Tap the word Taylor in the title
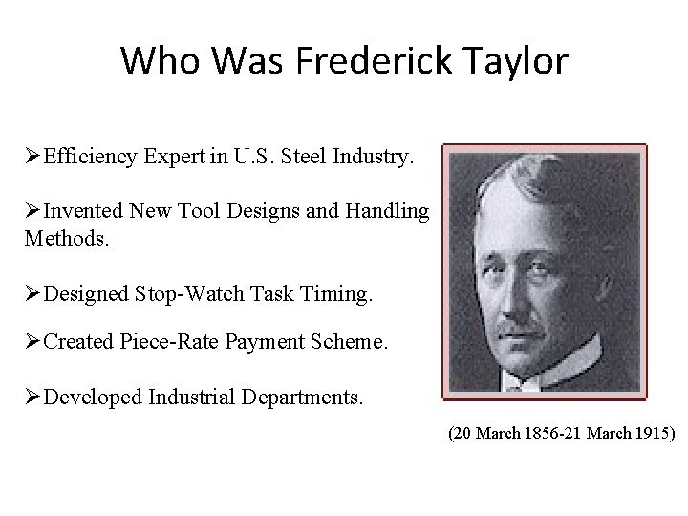click(515, 62)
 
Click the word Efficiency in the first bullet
click(90, 156)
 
